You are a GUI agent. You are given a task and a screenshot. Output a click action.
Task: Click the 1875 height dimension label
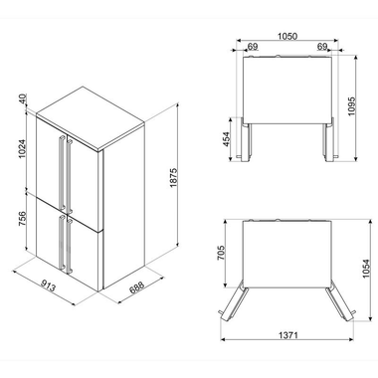coord(174,178)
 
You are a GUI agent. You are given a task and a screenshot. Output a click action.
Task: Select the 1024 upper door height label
coord(22,149)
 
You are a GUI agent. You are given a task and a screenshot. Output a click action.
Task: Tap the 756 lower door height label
coord(22,218)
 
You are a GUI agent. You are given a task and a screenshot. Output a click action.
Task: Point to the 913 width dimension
coord(48,285)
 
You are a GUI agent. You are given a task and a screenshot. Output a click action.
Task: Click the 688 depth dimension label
coord(136,287)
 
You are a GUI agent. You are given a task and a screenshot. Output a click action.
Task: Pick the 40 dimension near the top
coord(22,99)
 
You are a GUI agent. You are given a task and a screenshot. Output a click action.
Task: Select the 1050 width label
coord(287,36)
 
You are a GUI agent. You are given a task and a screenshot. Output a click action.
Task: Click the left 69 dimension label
coord(253,47)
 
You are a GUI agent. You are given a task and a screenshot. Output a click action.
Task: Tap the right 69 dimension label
coord(322,47)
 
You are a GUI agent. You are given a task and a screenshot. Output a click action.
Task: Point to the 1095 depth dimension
coord(351,106)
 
